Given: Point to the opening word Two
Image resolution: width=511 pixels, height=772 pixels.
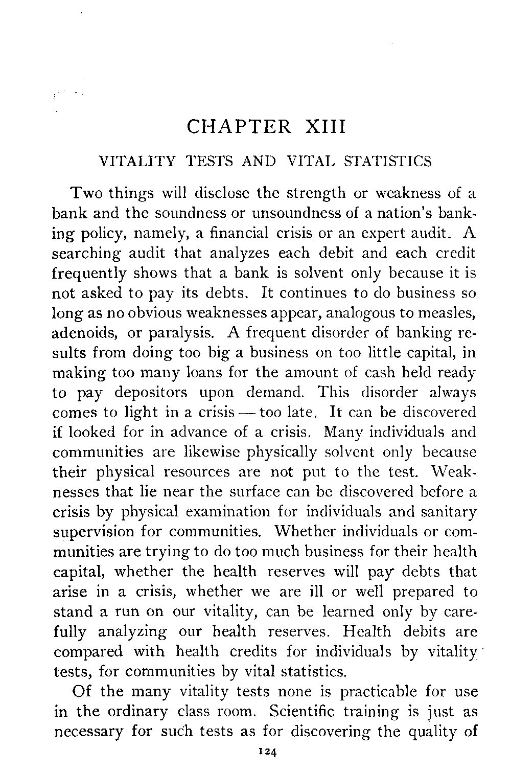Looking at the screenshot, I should point(85,194).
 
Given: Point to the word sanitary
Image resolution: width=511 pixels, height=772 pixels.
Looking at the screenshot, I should point(449,512).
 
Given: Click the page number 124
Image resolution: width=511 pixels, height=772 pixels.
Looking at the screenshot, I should point(267,752).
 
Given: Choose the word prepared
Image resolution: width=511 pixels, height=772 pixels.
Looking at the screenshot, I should point(417,592).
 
